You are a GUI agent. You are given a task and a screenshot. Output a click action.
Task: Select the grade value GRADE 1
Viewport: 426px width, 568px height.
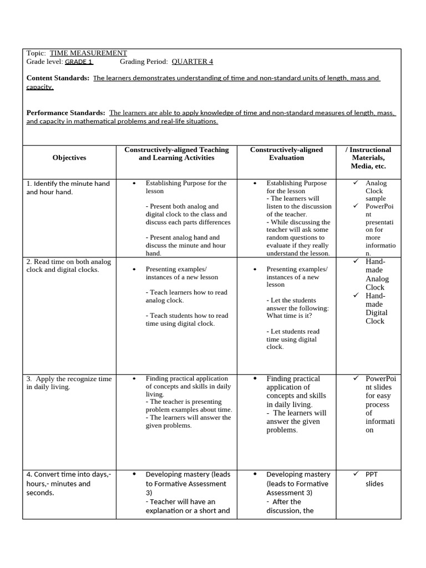click(79, 62)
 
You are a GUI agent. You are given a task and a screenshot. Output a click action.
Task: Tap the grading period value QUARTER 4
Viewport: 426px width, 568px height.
click(192, 62)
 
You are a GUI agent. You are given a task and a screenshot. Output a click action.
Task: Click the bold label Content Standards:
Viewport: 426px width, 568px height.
click(58, 78)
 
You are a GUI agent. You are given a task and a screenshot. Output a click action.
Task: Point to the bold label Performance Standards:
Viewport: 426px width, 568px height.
click(65, 113)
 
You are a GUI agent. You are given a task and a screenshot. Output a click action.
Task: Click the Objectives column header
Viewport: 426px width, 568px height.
click(69, 158)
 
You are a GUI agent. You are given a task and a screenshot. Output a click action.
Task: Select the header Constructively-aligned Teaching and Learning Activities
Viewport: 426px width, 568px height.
click(176, 154)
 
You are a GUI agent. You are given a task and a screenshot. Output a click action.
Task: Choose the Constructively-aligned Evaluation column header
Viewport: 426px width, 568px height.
click(286, 154)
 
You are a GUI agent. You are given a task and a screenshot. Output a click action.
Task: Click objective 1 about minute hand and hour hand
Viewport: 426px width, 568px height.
click(68, 187)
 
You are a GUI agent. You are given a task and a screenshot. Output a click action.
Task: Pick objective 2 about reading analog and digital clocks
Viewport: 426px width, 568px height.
click(69, 265)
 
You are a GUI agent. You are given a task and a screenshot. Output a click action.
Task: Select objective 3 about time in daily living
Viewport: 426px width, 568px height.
click(69, 383)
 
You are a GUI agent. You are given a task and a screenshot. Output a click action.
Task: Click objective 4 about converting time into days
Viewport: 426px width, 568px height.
click(69, 483)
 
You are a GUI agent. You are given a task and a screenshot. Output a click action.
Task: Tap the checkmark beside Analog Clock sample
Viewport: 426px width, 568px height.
click(356, 182)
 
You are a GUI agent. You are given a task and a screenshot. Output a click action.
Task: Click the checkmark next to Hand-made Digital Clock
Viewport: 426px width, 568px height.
click(356, 296)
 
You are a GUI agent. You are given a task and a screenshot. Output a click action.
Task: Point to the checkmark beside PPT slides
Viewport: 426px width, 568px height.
click(356, 474)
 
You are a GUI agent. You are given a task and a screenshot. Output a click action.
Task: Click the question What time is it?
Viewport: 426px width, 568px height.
click(289, 316)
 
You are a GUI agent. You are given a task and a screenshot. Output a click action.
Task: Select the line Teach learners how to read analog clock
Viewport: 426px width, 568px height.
click(186, 296)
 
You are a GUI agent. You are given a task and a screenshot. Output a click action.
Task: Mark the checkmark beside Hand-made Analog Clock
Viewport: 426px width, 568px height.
click(356, 261)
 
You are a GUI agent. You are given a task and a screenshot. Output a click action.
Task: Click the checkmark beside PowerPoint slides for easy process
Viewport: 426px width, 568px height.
click(356, 378)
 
